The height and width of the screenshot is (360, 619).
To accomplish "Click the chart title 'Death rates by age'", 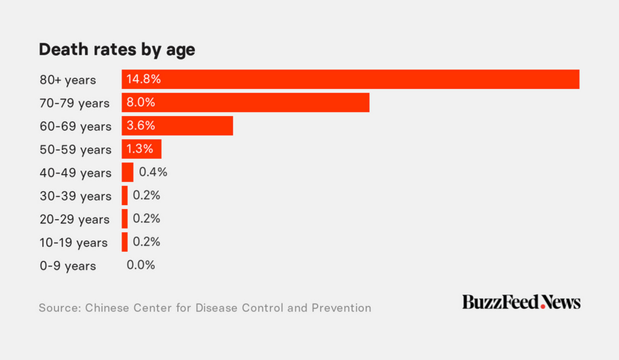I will pyautogui.click(x=117, y=49).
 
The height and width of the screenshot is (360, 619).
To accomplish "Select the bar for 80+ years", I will pyautogui.click(x=350, y=79).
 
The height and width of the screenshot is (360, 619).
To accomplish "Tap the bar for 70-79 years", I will pyautogui.click(x=245, y=103).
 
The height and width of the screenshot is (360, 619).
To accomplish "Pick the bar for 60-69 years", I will pyautogui.click(x=177, y=126).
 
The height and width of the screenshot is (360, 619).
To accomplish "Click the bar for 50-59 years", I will pyautogui.click(x=142, y=149).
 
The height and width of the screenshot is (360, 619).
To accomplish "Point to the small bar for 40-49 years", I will pyautogui.click(x=127, y=172).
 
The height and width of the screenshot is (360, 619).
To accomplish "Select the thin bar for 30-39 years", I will pyautogui.click(x=125, y=196).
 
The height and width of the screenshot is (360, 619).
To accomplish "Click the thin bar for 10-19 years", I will pyautogui.click(x=125, y=242).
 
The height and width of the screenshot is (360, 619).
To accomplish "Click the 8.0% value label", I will pyautogui.click(x=141, y=103).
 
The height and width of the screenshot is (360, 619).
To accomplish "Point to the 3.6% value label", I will pyautogui.click(x=141, y=126).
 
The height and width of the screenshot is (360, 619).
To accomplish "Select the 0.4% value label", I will pyautogui.click(x=153, y=172).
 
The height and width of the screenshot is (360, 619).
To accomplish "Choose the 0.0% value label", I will pyautogui.click(x=141, y=265).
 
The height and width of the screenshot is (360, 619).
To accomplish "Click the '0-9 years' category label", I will pyautogui.click(x=68, y=266).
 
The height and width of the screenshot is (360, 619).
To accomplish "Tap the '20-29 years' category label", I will pyautogui.click(x=74, y=219).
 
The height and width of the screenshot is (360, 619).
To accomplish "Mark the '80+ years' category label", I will pyautogui.click(x=68, y=80).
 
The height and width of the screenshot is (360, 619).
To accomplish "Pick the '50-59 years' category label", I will pyautogui.click(x=75, y=150).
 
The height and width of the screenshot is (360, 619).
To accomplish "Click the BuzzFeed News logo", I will pyautogui.click(x=521, y=302).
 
